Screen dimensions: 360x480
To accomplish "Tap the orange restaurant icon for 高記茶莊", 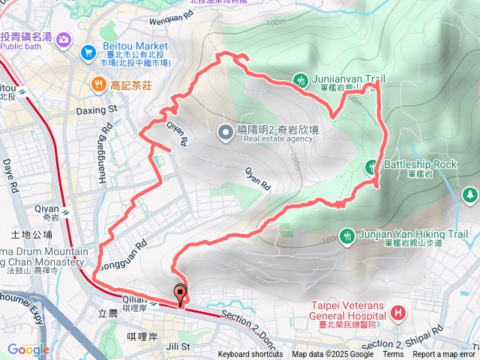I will point(98,85).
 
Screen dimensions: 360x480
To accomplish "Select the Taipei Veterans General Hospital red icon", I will point(397,311).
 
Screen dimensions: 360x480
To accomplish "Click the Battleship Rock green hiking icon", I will point(371,166).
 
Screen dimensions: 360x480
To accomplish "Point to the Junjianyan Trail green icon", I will point(301,79).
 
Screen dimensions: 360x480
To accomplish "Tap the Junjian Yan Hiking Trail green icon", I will point(346,236).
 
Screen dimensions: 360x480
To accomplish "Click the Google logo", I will point(28,349).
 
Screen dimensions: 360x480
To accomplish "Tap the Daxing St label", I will point(97,109).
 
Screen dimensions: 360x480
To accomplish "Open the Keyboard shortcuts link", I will point(250,355).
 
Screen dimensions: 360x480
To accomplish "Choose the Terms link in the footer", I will point(393,355).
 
